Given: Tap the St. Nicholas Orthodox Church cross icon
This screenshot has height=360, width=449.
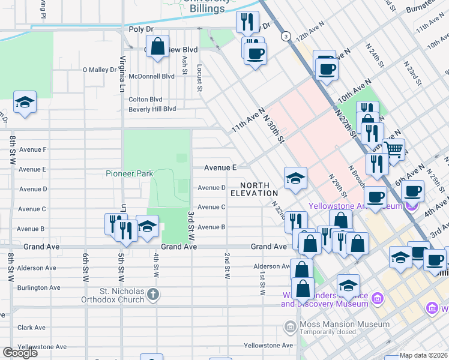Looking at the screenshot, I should (x=154, y=294).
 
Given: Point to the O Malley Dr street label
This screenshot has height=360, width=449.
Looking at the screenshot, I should (x=99, y=70).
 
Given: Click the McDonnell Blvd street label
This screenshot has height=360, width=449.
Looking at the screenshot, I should (x=152, y=76).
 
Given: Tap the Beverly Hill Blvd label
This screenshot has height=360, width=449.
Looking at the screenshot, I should (x=152, y=109).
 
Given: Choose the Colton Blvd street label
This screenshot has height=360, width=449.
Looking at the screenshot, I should (x=146, y=99).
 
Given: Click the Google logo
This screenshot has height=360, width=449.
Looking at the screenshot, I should (x=20, y=353).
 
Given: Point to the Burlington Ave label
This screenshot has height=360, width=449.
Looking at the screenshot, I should (x=39, y=287).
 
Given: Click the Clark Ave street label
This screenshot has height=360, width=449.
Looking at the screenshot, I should (x=32, y=328).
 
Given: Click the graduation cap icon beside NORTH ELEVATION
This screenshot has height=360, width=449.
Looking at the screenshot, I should (x=295, y=178).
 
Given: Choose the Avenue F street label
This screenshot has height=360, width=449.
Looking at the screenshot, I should (x=33, y=149).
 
